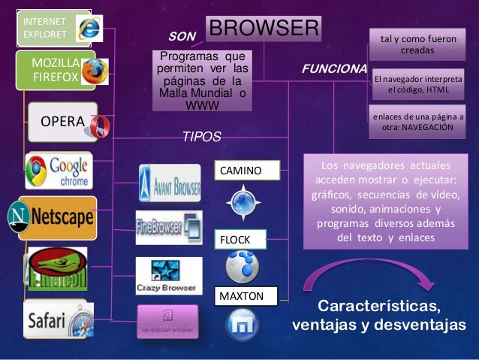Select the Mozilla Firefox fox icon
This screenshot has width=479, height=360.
click(x=94, y=71)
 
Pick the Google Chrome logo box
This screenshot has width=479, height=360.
click(x=58, y=171)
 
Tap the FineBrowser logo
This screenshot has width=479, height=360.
click(x=169, y=227)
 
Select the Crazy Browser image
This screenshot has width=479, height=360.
click(x=169, y=275)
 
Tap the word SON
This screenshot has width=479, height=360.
click(x=181, y=35)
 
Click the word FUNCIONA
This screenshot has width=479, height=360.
click(x=333, y=68)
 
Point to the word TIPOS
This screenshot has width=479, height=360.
click(x=202, y=138)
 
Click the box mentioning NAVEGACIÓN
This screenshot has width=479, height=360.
click(x=417, y=123)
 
